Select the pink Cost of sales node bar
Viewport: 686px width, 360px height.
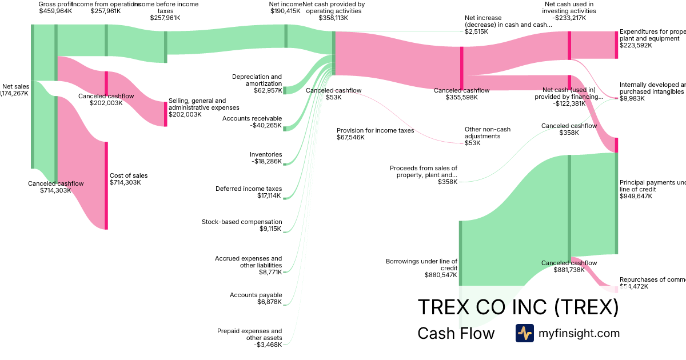pyautogui.click(x=106, y=186)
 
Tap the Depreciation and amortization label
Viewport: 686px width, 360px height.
pyautogui.click(x=257, y=80)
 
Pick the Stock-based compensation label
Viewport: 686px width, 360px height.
pyautogui.click(x=242, y=222)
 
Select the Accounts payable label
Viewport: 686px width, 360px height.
pyautogui.click(x=256, y=295)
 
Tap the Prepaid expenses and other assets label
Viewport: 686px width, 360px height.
pyautogui.click(x=249, y=334)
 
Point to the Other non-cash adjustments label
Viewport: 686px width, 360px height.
pyautogui.click(x=487, y=133)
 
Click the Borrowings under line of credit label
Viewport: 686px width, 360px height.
pyautogui.click(x=421, y=265)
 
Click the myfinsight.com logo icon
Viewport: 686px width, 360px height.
pyautogui.click(x=524, y=333)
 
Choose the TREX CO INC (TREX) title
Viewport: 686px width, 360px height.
pyautogui.click(x=518, y=307)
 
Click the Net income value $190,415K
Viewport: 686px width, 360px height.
pyautogui.click(x=284, y=11)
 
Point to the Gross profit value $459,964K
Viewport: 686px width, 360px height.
pyautogui.click(x=55, y=11)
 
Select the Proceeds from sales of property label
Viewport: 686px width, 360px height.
pyautogui.click(x=424, y=171)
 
